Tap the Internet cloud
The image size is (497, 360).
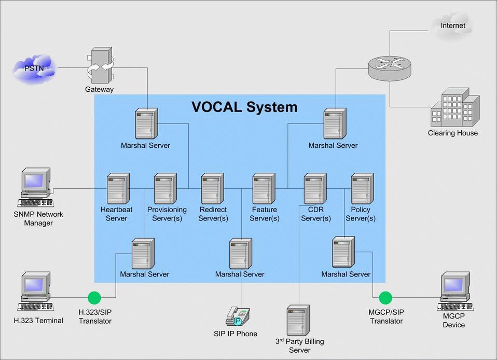pos(453,25)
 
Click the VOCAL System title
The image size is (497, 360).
pos(244,107)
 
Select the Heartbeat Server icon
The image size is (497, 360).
pos(118,189)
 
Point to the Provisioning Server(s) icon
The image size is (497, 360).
pos(166,189)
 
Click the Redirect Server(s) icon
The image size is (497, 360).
pos(213,189)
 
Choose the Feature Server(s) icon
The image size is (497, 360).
pos(264,189)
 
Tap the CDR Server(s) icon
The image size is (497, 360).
pos(315,189)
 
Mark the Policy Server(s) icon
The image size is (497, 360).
pos(362,189)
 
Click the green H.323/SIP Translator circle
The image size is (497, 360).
pos(94,298)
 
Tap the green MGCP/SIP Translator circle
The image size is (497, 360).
pos(385,298)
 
